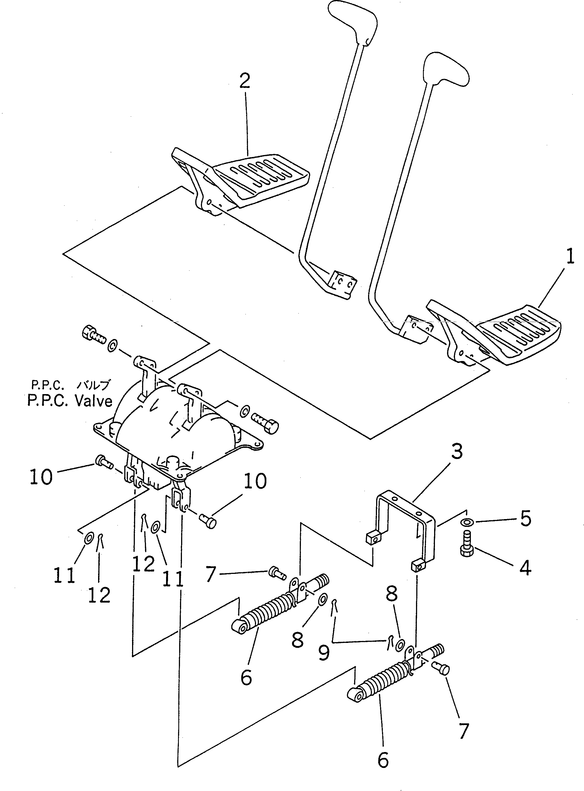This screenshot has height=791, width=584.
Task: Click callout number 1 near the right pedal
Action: [570, 257]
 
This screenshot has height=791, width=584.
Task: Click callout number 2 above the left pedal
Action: [245, 81]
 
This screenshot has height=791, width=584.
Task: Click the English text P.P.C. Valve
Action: [70, 401]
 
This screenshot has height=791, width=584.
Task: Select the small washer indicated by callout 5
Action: [467, 522]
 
